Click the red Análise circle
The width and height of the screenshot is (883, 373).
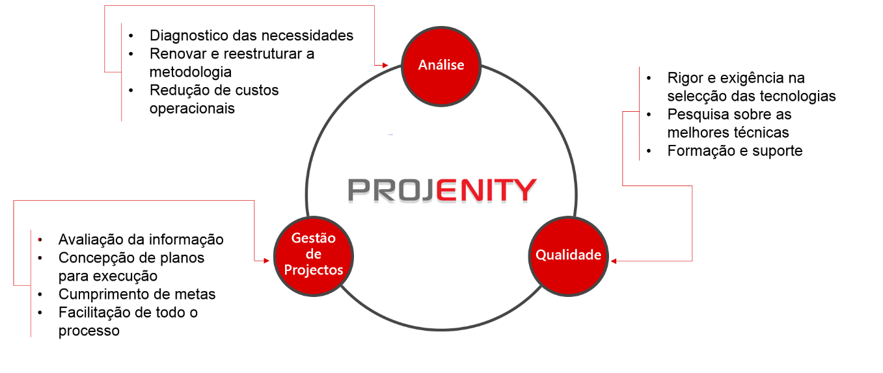pos(441,66)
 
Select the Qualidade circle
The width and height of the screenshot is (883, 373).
pos(569,256)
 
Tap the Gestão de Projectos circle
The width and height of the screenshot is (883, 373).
pos(314,256)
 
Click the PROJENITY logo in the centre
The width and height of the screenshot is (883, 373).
pos(442,190)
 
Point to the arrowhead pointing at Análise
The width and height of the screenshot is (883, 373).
pos(385,66)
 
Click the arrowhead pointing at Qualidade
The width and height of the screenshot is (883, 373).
pos(614,261)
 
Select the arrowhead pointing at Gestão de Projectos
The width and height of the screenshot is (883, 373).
pos(267,261)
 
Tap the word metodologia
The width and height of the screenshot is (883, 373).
pos(191,72)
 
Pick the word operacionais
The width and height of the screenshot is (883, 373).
pos(192,109)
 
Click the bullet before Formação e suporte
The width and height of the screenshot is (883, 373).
pos(649,151)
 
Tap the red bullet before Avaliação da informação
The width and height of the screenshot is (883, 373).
pos(40,240)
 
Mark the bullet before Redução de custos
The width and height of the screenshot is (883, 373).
pos(131,90)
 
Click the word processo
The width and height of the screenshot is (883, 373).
pos(88,331)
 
